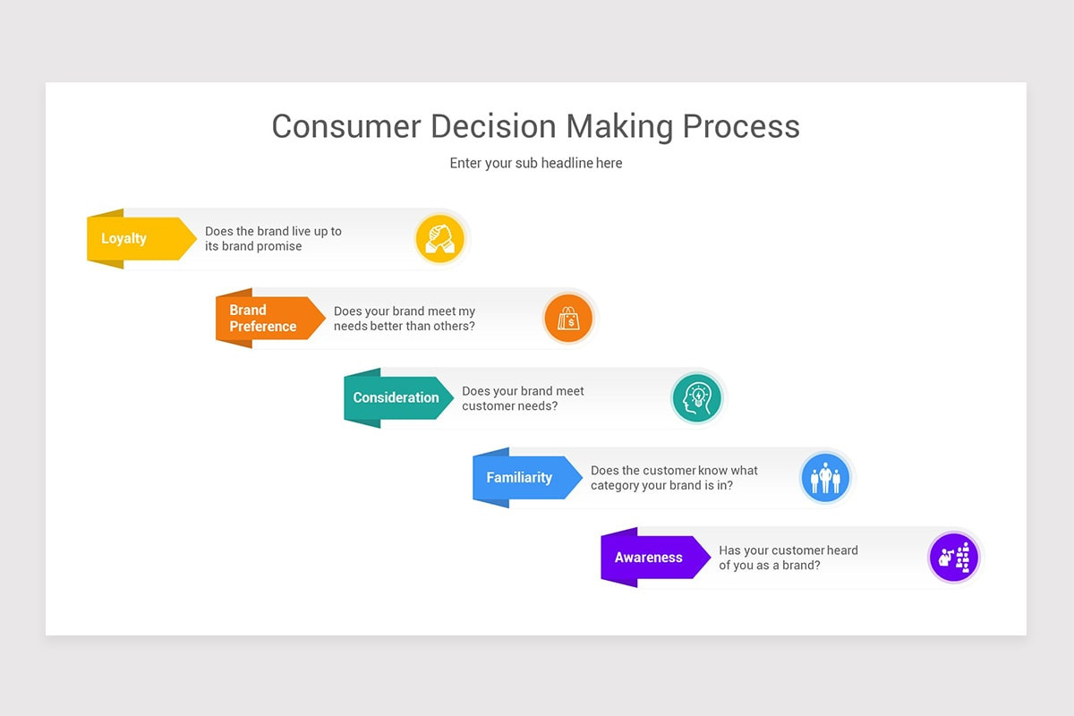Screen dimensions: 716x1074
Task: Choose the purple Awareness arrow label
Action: pos(649,558)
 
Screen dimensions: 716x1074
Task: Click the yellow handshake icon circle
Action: pos(440,239)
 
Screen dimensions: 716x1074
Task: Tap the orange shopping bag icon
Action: pos(568,319)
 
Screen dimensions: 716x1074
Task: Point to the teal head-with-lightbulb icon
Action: pos(696,398)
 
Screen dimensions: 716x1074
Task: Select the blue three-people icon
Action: pos(824,478)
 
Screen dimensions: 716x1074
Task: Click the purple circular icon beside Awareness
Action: pos(953,558)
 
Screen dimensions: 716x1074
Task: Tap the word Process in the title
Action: pos(741,126)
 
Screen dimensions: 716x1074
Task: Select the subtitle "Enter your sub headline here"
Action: pos(536,164)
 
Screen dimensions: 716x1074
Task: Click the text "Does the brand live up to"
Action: pos(273,231)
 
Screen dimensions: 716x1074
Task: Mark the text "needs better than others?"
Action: pos(404,327)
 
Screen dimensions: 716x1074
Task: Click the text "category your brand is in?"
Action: pos(661,486)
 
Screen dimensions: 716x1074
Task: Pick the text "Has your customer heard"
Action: pos(788,550)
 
